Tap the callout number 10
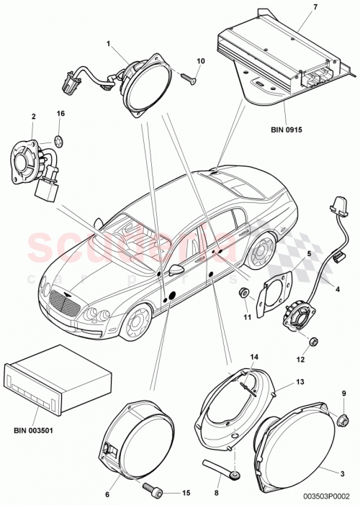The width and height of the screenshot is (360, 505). pos(201,60)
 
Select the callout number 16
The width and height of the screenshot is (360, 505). pos(61,114)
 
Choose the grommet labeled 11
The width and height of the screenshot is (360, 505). pos(246,292)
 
